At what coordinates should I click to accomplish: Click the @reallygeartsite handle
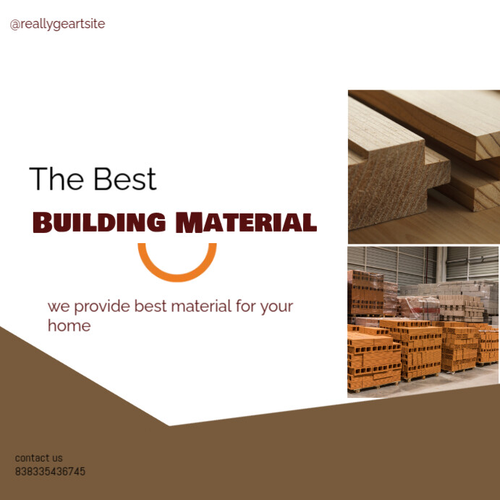[x=57, y=24]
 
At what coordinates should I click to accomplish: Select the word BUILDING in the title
[x=99, y=222]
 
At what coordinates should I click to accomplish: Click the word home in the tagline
[x=69, y=326]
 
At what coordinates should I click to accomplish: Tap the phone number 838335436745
[x=50, y=472]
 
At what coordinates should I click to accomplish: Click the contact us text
[x=39, y=458]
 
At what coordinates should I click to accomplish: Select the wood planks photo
[x=423, y=166]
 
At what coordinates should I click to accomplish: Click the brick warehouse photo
[x=423, y=321]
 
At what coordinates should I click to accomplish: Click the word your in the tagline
[x=276, y=306]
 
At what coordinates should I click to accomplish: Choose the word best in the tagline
[x=151, y=306]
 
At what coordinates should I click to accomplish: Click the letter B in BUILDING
[x=43, y=222]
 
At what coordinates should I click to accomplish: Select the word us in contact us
[x=57, y=458]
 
